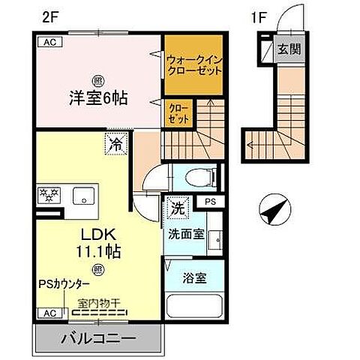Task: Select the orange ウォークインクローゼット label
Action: [194, 66]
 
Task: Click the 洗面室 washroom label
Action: [186, 233]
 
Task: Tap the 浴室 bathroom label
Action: [194, 277]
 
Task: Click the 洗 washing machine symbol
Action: [177, 204]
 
